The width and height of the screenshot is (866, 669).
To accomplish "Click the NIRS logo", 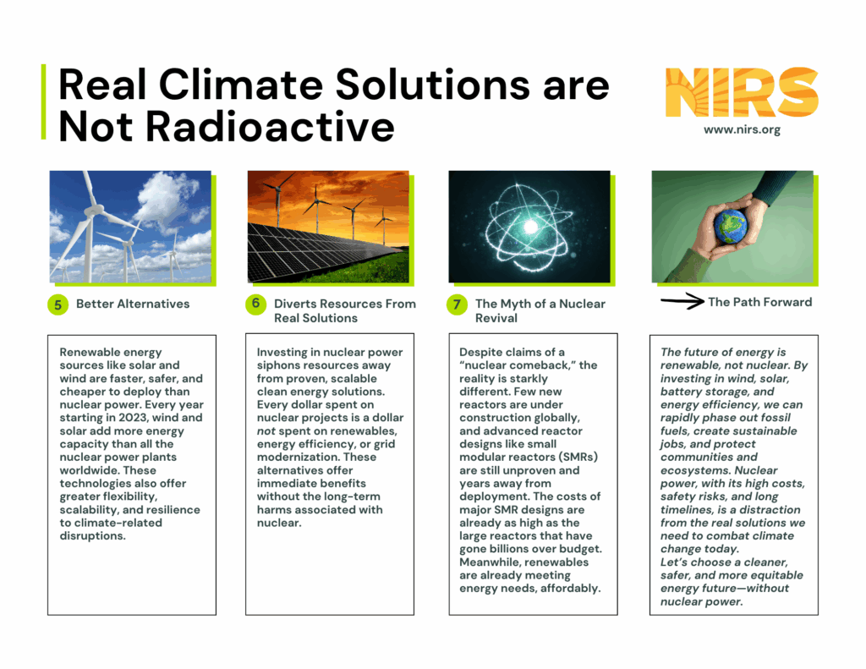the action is pyautogui.click(x=742, y=93).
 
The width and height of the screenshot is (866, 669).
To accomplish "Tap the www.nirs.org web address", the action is pyautogui.click(x=742, y=129).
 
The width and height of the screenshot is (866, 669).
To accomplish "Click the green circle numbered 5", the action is pyautogui.click(x=58, y=304).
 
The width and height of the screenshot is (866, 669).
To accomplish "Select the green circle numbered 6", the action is pyautogui.click(x=255, y=304).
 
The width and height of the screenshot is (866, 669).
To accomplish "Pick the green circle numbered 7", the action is pyautogui.click(x=457, y=304).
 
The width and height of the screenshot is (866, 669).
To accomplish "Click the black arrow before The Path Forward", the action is pyautogui.click(x=682, y=301).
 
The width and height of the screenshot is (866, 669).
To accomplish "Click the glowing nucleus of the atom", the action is pyautogui.click(x=530, y=227).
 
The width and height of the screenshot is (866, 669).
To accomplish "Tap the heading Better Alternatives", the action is pyautogui.click(x=133, y=304).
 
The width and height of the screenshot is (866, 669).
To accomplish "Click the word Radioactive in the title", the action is pyautogui.click(x=270, y=127).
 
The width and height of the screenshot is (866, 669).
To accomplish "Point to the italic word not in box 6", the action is pyautogui.click(x=266, y=430).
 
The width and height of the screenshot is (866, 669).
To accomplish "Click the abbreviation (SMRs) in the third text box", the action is pyautogui.click(x=578, y=458).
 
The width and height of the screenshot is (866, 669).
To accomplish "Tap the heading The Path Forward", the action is pyautogui.click(x=760, y=302).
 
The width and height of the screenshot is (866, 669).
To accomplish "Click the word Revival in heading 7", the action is pyautogui.click(x=496, y=318).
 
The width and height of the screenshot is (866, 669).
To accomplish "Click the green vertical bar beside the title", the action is pyautogui.click(x=44, y=101).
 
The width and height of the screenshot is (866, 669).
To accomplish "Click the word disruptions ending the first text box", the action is pyautogui.click(x=93, y=536).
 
